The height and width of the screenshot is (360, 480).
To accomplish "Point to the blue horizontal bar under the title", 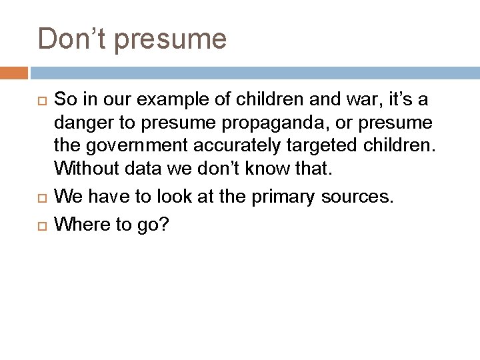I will coord(253,71).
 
